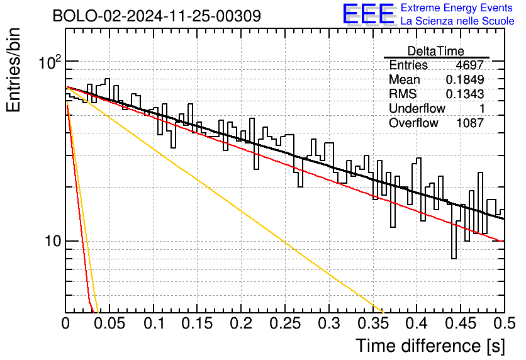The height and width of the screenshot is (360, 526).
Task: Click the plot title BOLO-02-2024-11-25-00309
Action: click(x=157, y=16)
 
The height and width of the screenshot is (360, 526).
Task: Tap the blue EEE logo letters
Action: click(x=369, y=14)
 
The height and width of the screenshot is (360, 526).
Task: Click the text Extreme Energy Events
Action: click(x=457, y=8)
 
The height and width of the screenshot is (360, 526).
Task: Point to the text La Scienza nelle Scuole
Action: click(x=457, y=21)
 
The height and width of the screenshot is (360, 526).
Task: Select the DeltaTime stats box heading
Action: click(x=436, y=51)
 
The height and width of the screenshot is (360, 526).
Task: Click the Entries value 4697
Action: click(x=469, y=65)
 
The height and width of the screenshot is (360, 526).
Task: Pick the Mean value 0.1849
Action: click(x=465, y=79)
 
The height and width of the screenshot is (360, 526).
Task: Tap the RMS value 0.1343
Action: click(x=465, y=94)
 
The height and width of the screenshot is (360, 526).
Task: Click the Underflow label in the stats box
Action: click(x=417, y=108)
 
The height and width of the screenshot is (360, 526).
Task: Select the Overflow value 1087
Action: click(x=470, y=123)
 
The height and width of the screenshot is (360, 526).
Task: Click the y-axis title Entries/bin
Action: click(x=14, y=70)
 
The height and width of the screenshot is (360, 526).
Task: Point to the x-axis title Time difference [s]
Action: click(x=430, y=346)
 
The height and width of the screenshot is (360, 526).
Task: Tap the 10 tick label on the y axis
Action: click(x=53, y=241)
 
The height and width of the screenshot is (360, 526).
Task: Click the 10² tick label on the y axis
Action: click(x=50, y=62)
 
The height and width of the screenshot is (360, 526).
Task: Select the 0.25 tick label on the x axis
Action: click(x=285, y=323)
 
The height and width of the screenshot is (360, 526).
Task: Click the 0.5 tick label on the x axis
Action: click(x=504, y=323)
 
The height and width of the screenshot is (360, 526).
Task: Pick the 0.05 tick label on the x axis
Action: click(x=109, y=323)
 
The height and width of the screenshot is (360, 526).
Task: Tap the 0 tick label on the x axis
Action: click(x=65, y=323)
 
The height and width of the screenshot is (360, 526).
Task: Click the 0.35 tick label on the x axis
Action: click(x=372, y=323)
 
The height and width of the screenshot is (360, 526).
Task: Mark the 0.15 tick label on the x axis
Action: click(x=197, y=323)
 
